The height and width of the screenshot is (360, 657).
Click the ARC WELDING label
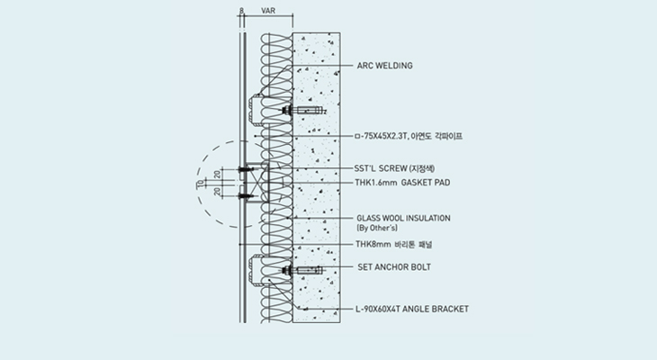click(384, 66)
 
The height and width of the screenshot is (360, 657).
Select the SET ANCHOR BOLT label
click(394, 267)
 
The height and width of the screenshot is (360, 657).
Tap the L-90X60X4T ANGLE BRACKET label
click(412, 309)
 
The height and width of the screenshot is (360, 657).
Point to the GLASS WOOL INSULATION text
click(403, 218)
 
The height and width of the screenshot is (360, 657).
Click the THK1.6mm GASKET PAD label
click(402, 183)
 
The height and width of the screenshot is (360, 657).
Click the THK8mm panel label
click(394, 244)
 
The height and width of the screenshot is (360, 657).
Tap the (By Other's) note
click(377, 228)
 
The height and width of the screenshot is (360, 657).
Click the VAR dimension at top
click(268, 11)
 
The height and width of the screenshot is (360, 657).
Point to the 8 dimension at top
click(242, 11)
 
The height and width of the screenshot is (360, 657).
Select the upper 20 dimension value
click(217, 174)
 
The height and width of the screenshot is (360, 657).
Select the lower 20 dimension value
click(217, 192)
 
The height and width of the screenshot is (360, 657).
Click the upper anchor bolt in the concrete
click(303, 111)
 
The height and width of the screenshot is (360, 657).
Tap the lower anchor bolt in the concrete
click(302, 270)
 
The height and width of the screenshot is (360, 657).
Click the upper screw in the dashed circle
click(246, 169)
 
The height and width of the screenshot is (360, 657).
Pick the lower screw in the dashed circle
click(246, 195)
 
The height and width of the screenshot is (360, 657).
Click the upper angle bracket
click(256, 110)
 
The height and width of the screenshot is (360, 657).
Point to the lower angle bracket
click(256, 270)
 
